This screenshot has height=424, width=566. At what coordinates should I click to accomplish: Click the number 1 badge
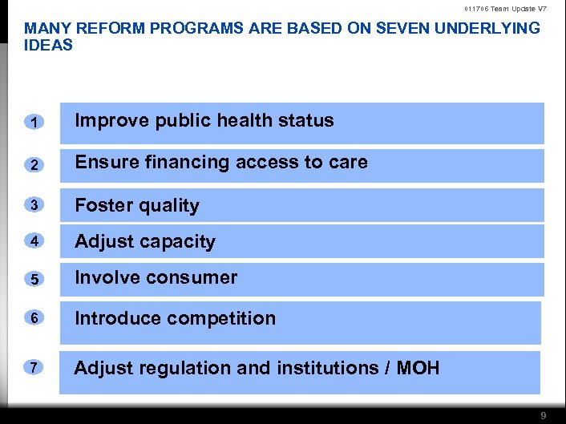[34, 122]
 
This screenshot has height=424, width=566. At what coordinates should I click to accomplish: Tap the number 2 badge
[34, 164]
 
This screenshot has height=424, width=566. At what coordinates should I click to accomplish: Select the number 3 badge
[34, 204]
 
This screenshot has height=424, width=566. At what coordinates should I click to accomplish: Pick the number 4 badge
[34, 241]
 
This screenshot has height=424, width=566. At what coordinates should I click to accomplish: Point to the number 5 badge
[34, 280]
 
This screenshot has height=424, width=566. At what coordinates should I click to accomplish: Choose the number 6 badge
[34, 318]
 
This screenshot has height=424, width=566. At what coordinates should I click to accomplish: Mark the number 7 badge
[34, 367]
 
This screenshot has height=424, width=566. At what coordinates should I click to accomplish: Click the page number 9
[544, 415]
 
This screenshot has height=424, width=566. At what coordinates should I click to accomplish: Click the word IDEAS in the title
[49, 45]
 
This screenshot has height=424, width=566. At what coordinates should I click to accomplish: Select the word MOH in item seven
[418, 368]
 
